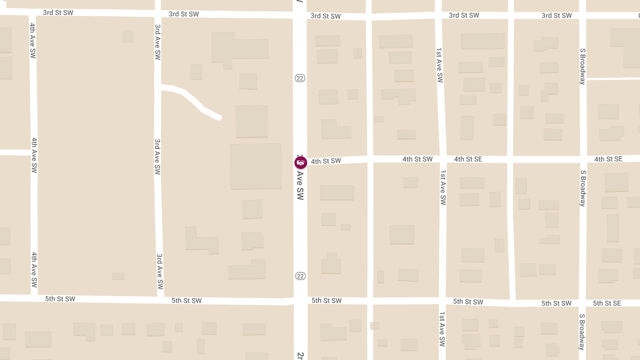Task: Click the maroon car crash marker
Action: coord(301,163)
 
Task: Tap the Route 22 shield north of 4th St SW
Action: coord(300,78)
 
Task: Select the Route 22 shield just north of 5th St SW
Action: coord(300,276)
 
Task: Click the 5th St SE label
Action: coord(607,303)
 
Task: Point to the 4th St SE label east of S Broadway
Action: coord(608,159)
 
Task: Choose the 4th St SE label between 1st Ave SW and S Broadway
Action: coord(468,159)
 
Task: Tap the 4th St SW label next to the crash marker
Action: coord(325,161)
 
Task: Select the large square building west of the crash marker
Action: coord(255,166)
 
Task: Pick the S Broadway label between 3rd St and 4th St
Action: coord(583,66)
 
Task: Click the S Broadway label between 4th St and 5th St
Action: coord(583,188)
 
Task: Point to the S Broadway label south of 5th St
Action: coord(582,332)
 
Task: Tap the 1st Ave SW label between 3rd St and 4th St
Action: coord(439,65)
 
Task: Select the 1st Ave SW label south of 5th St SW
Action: coord(442,330)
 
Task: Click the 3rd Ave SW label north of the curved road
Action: coord(157,42)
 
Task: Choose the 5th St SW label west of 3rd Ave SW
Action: coord(60,299)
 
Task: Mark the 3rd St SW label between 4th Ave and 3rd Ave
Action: coord(58,12)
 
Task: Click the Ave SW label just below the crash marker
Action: coord(300,187)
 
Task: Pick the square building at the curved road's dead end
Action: coord(252,121)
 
